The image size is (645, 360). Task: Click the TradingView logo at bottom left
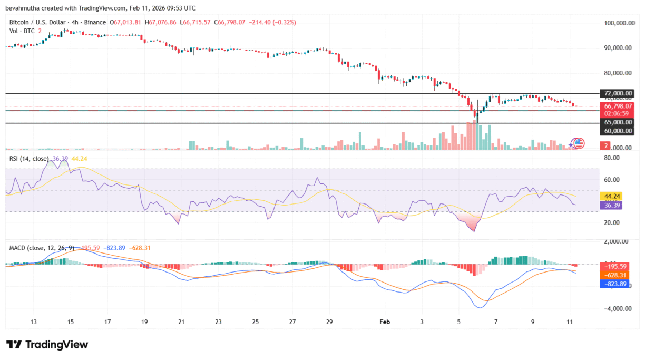coord(47,344)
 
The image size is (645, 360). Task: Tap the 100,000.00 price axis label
coord(618,23)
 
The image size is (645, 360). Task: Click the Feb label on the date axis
coord(385,322)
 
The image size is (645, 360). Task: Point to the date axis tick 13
coord(34,322)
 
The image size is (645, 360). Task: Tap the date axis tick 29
coord(329,322)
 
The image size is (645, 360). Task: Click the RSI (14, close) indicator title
coord(29,158)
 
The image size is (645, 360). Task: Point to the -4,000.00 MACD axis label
coord(618,308)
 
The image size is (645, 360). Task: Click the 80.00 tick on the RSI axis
coord(611,158)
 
